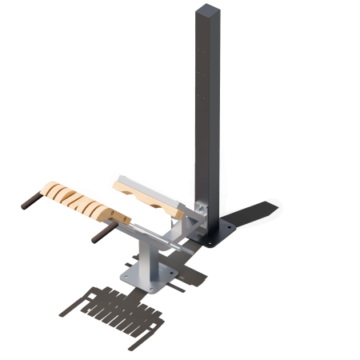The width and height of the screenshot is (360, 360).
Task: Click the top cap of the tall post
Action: (205, 9)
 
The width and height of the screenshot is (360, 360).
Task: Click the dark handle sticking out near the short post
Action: (104, 234)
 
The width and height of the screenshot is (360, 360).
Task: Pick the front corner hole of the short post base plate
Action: (152, 290)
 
